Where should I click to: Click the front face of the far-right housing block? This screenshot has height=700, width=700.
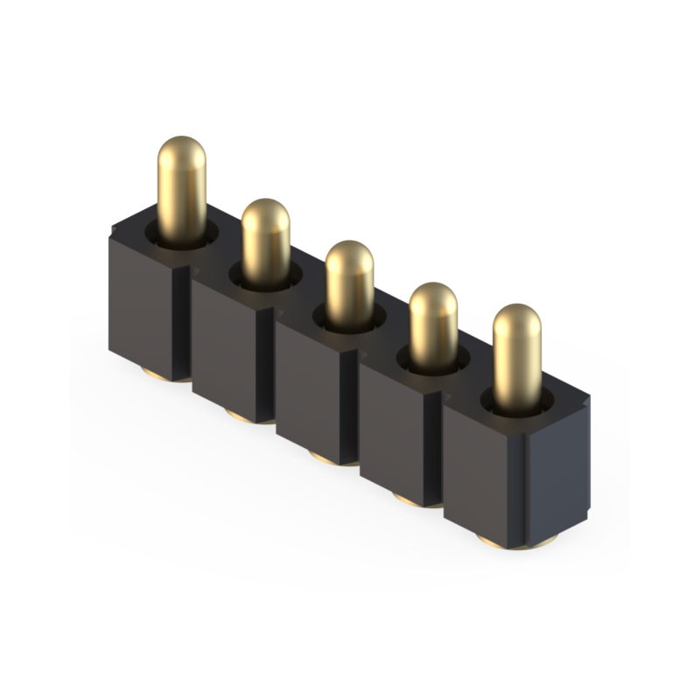pyautogui.click(x=481, y=477)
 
